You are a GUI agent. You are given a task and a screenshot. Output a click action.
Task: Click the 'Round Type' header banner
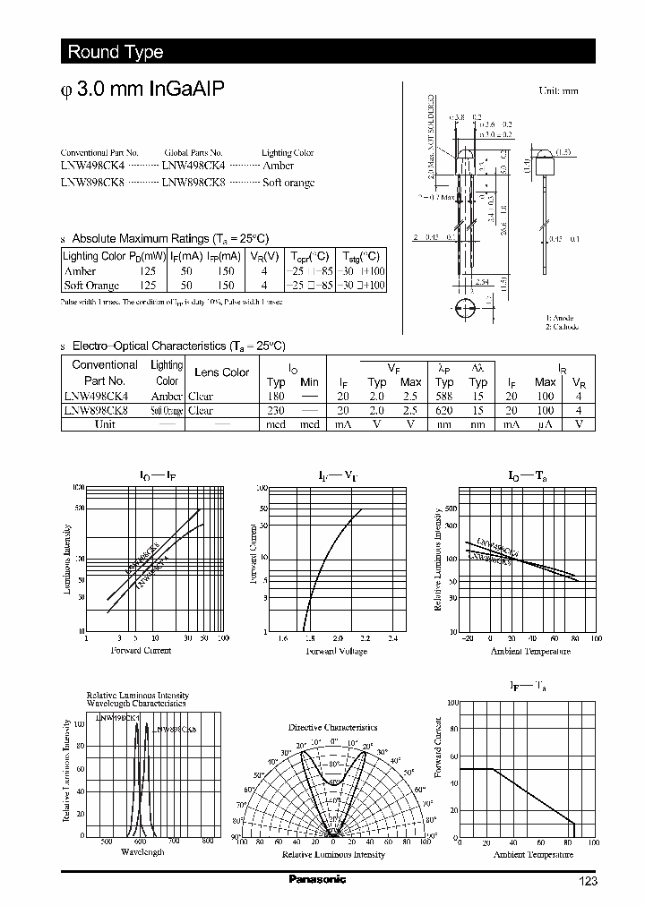click(115, 52)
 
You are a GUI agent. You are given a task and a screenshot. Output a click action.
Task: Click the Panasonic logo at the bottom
click(317, 879)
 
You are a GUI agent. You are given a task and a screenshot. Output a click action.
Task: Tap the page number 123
click(587, 881)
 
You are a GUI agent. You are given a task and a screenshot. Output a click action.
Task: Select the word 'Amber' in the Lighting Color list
click(278, 167)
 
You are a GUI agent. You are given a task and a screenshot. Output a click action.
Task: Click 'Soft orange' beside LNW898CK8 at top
click(288, 183)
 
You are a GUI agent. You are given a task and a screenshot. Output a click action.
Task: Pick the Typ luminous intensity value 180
click(276, 397)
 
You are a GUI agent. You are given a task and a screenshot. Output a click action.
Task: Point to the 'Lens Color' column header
click(222, 372)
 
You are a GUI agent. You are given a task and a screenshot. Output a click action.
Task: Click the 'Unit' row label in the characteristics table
click(105, 424)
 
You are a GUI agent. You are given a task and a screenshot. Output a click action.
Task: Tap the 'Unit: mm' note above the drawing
click(558, 91)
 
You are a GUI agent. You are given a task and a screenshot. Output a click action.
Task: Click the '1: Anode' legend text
click(560, 318)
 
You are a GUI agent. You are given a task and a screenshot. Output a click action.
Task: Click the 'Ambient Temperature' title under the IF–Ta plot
click(529, 854)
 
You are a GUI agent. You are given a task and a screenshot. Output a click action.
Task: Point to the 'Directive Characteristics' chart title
click(332, 728)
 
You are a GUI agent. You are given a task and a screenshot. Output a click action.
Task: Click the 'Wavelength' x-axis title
click(142, 852)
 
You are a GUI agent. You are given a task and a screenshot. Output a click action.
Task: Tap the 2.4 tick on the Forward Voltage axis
click(392, 639)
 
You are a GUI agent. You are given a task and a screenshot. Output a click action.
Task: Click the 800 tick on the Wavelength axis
click(207, 841)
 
